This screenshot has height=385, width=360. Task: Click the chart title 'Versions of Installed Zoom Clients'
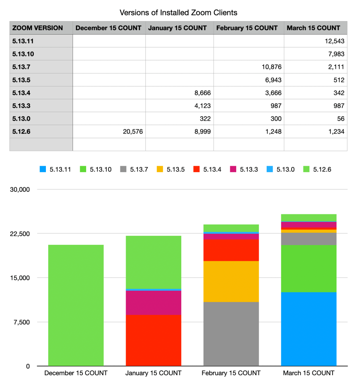click(178, 12)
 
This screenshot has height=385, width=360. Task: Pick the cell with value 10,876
click(270, 67)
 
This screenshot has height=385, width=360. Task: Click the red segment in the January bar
click(153, 340)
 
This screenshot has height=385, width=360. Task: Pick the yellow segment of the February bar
click(231, 281)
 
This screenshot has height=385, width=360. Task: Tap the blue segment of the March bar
click(308, 329)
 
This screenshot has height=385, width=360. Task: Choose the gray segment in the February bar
click(231, 334)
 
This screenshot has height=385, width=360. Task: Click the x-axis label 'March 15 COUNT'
click(308, 373)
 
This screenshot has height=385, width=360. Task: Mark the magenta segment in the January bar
click(153, 303)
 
